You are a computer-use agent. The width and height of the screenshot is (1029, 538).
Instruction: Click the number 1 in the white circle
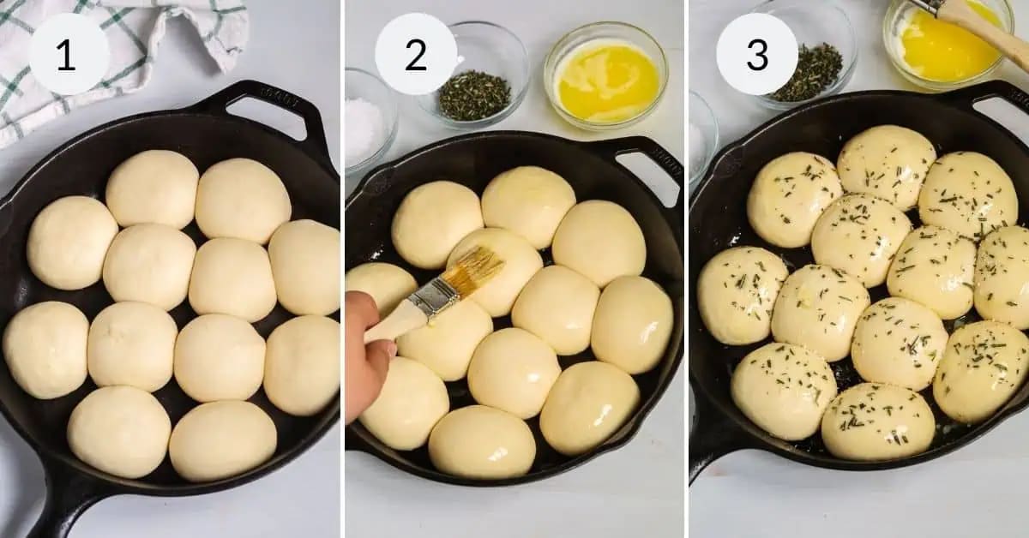68,54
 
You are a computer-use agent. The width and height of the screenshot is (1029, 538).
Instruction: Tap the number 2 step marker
416,54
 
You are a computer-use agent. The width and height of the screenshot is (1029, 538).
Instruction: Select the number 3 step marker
757,54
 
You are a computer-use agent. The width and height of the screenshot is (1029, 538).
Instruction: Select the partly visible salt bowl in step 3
701,137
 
